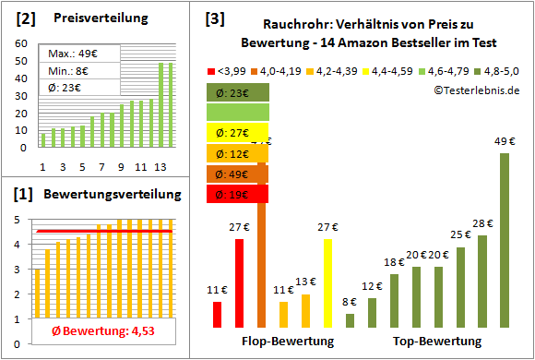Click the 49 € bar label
point(505,141)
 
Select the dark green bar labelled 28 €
point(482,282)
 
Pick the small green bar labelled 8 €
point(350,320)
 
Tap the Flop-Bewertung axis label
point(287,342)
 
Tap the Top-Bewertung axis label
point(437,342)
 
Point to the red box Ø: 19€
point(238,194)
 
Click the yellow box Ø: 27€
point(238,133)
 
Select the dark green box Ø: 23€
point(238,92)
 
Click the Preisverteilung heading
point(91,18)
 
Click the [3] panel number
point(214,18)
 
